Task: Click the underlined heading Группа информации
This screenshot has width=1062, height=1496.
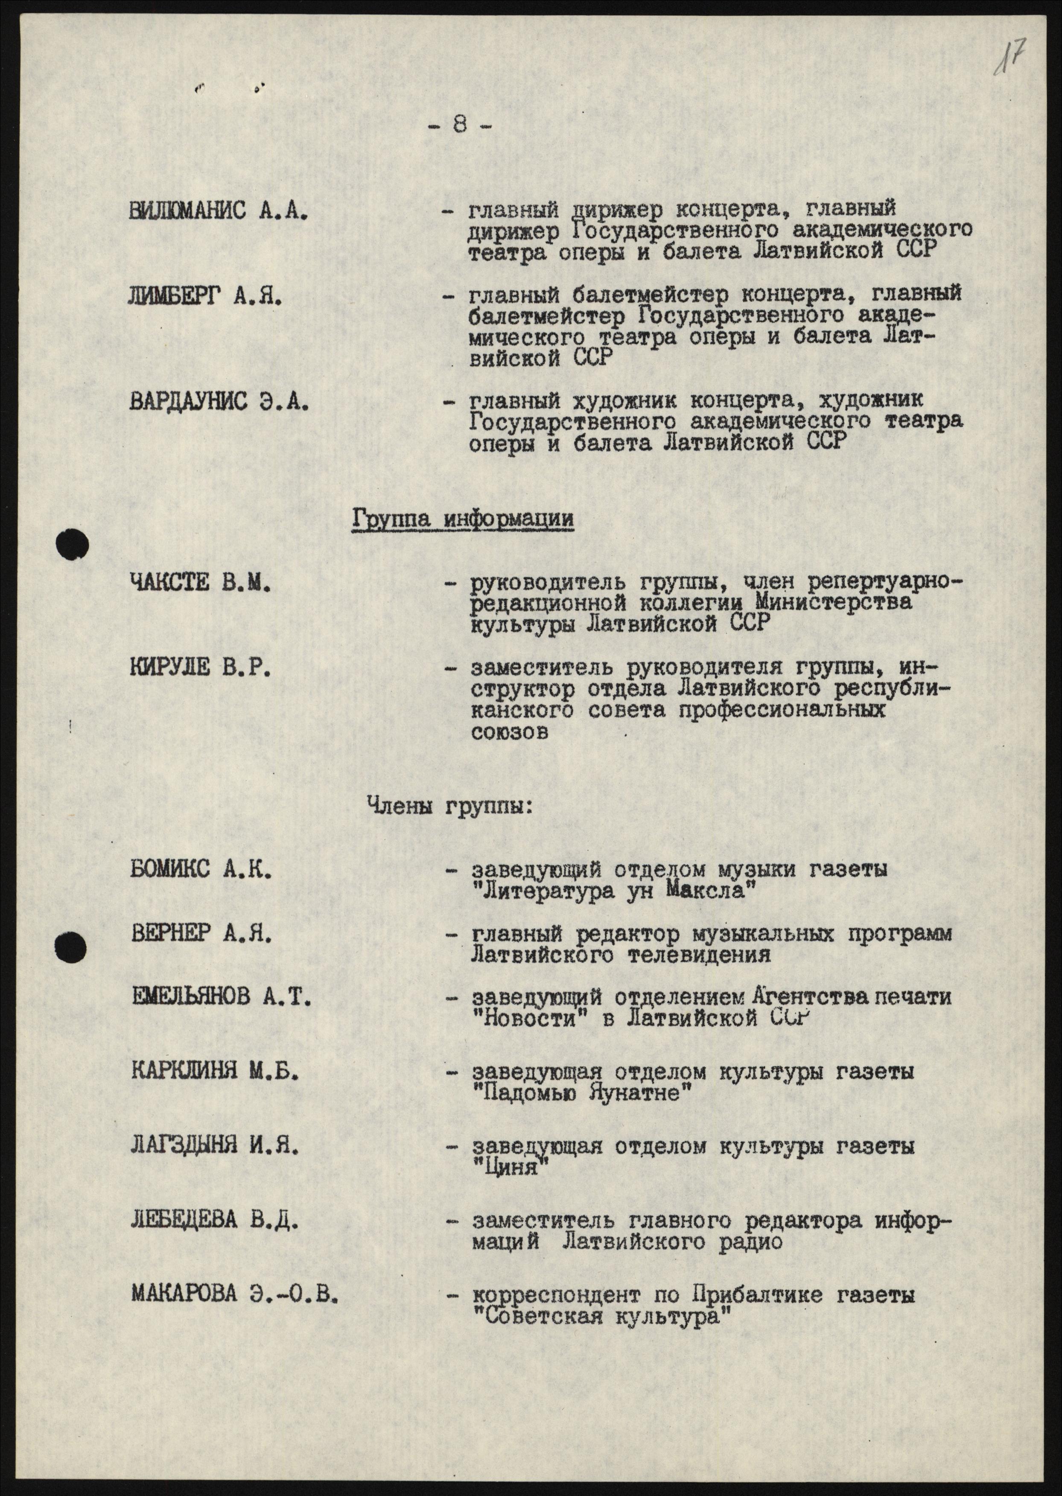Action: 463,519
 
